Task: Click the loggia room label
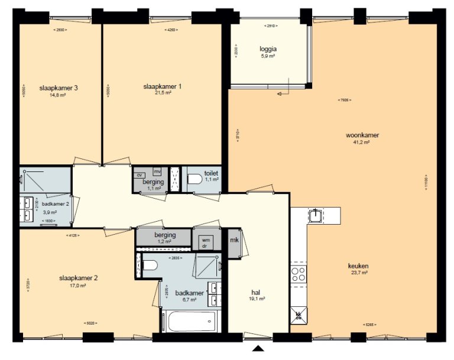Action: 268,49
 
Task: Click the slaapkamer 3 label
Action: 59,87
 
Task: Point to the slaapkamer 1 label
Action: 162,86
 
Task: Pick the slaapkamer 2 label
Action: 78,278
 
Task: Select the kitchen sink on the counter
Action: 317,216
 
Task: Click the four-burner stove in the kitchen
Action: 299,274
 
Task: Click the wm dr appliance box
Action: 206,242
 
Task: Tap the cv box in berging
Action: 140,175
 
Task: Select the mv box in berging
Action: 157,171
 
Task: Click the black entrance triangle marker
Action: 258,349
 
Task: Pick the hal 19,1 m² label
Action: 257,295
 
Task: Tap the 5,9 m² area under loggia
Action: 268,56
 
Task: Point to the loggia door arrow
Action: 281,91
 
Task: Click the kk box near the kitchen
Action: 298,314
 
